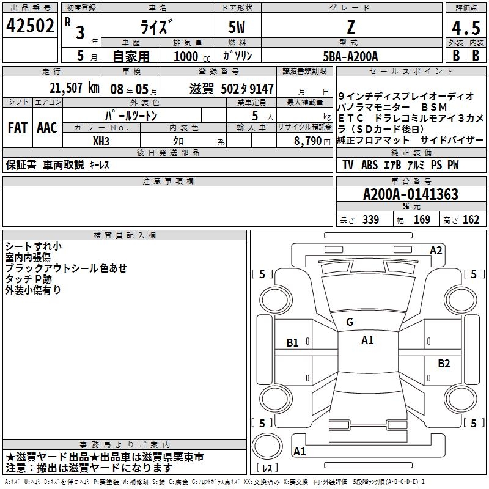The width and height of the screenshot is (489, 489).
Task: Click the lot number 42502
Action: pos(30,26)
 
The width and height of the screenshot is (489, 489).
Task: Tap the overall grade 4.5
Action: pos(466,28)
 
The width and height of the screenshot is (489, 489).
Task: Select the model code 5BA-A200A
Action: pos(350,56)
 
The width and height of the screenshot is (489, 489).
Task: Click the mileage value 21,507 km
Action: pos(75,88)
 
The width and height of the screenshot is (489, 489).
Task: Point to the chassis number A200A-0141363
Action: pos(411,194)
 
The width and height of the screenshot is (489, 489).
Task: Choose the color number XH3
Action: pos(101,141)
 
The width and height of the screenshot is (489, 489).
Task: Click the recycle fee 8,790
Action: pos(308,141)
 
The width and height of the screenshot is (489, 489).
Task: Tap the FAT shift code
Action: pos(18,127)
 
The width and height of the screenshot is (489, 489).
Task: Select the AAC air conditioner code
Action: pos(47,127)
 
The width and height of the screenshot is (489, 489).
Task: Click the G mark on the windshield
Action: pos(350,322)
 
